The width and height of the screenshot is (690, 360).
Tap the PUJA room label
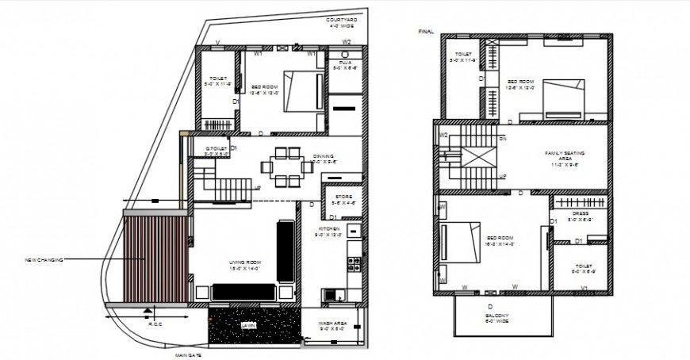coord(345,63)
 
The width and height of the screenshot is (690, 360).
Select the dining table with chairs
coord(284,166)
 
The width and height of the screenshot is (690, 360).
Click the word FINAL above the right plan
coord(426,31)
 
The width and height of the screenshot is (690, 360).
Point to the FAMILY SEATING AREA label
coord(564,157)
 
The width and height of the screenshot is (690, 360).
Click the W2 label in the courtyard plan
coord(347,41)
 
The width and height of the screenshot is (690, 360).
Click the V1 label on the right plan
coord(585,287)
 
